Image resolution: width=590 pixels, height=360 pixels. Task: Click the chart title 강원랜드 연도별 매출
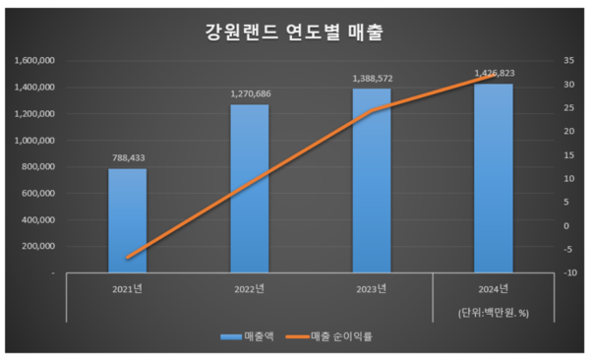(294, 31)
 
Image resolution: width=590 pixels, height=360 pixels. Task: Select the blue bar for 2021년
(128, 220)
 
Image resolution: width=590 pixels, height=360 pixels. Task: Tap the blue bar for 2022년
(249, 188)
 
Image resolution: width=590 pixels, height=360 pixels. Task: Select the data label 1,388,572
(371, 77)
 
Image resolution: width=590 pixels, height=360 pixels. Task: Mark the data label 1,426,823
(493, 73)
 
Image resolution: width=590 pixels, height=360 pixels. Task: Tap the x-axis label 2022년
(249, 289)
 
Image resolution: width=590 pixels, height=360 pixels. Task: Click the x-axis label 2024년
(493, 289)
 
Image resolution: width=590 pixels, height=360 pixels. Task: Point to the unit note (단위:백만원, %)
(493, 312)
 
